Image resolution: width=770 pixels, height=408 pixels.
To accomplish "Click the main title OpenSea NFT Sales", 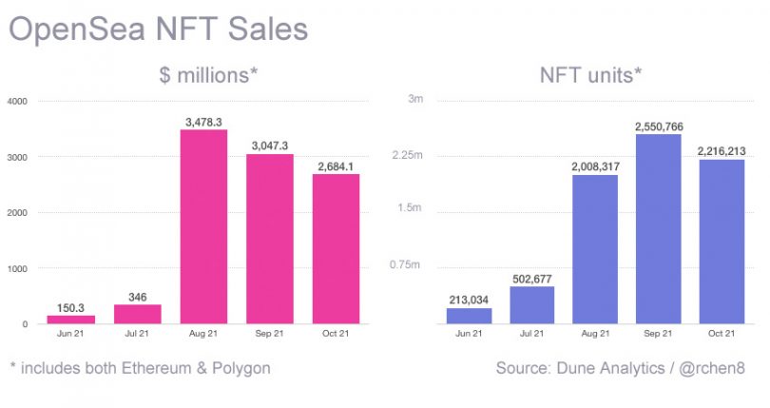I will point(159,28).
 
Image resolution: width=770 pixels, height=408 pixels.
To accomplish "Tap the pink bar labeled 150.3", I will point(71,319).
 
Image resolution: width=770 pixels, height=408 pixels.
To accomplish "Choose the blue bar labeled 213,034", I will point(469,315).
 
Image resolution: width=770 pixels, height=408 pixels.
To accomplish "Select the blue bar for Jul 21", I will point(531,304).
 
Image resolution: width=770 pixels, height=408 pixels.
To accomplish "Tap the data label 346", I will point(138,297).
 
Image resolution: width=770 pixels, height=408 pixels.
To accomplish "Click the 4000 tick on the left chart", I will point(18,101).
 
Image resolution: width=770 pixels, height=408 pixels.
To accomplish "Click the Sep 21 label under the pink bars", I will point(270,334).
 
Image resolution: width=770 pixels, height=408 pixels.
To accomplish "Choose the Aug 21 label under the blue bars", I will point(594,334).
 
